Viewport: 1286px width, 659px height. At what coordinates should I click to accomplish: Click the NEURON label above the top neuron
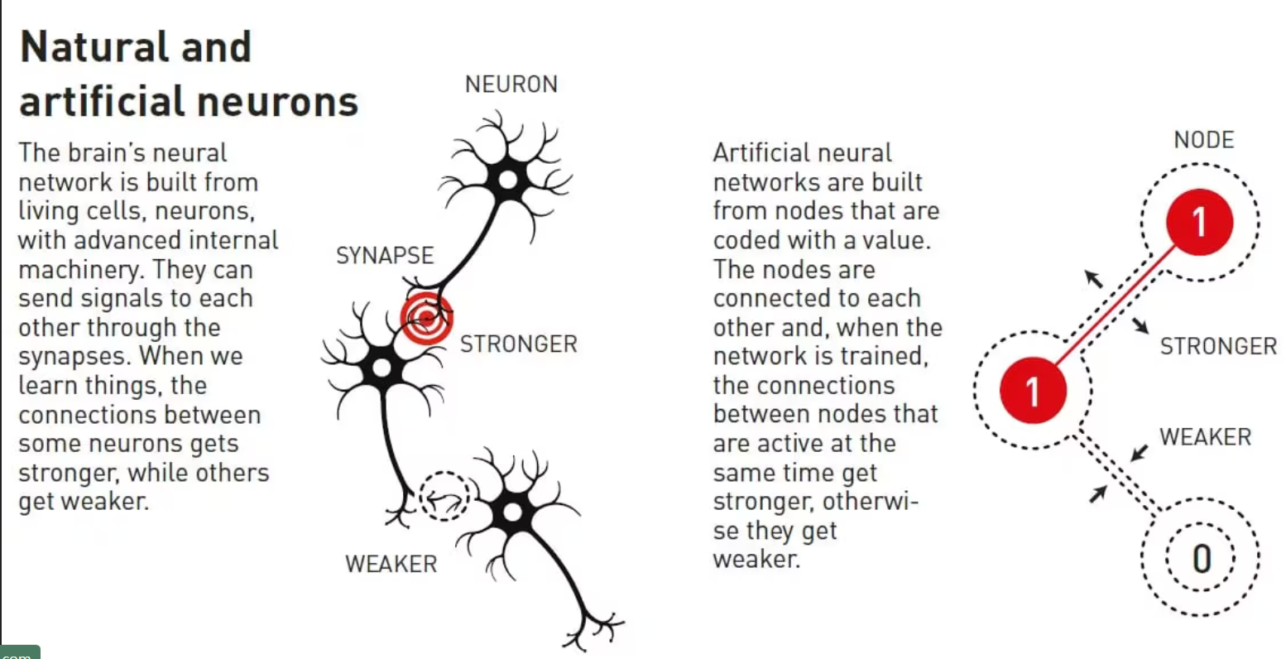click(x=511, y=84)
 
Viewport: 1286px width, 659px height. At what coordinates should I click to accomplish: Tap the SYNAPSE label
click(x=385, y=255)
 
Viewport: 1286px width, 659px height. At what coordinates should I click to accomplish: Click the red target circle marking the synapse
click(x=426, y=317)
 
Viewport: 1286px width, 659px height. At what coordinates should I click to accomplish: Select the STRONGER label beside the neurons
click(x=518, y=344)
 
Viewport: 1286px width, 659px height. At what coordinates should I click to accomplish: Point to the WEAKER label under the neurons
click(x=391, y=564)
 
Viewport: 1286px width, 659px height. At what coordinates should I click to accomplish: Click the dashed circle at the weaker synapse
click(x=444, y=496)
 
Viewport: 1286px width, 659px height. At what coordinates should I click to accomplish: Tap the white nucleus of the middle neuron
click(x=381, y=367)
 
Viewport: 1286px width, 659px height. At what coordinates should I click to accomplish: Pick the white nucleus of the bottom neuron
click(x=512, y=512)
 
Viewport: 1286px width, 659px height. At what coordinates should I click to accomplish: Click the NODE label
click(x=1203, y=140)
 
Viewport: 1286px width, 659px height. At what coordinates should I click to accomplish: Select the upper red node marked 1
click(x=1199, y=221)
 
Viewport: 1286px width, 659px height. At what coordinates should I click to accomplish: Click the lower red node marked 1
click(x=1033, y=389)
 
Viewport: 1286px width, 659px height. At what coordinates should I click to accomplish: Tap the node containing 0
click(x=1201, y=559)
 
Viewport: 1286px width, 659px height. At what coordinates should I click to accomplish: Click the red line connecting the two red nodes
click(x=1116, y=305)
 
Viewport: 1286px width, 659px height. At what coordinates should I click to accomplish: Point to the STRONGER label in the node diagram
click(x=1218, y=346)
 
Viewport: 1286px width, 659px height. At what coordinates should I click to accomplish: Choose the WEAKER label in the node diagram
click(x=1205, y=437)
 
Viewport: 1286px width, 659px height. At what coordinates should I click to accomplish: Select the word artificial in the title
click(x=101, y=102)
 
